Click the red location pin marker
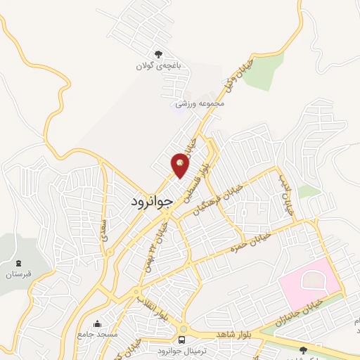[181, 165]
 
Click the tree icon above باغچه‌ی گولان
[158, 55]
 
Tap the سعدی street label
[107, 229]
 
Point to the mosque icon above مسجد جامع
[96, 323]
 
